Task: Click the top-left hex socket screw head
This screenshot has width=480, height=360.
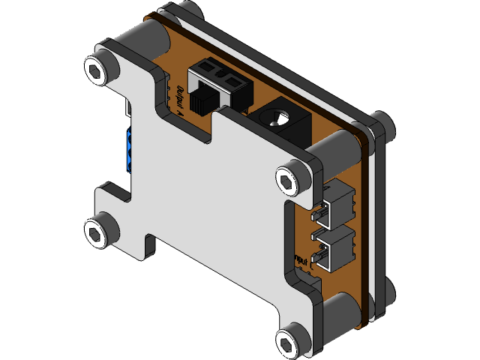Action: pyautogui.click(x=97, y=70)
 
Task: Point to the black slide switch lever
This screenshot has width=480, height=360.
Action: pyautogui.click(x=200, y=101)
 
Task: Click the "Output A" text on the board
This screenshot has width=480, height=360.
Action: pyautogui.click(x=181, y=100)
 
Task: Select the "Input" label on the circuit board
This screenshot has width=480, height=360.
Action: pyautogui.click(x=301, y=261)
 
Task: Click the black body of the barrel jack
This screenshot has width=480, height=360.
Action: pyautogui.click(x=289, y=124)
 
